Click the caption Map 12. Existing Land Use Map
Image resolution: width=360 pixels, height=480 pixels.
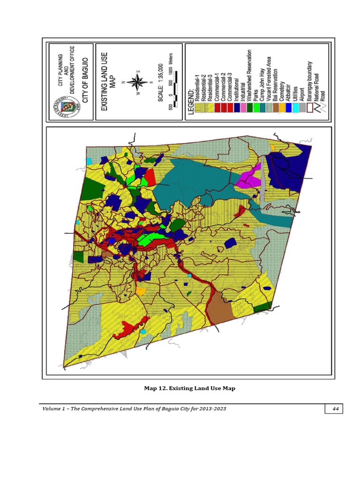pos(189,388)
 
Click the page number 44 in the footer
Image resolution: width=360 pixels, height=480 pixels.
pos(335,409)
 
